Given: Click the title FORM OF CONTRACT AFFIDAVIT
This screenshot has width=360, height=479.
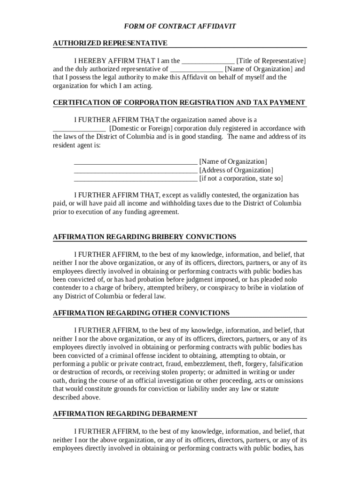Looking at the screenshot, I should [x=180, y=26].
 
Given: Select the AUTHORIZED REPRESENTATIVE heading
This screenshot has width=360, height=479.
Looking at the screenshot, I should [x=110, y=43].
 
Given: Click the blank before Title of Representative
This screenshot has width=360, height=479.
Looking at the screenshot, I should [x=208, y=61].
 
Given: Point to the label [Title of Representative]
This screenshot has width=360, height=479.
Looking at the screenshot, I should [x=271, y=61].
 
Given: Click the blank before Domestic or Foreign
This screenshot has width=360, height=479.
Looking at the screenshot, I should [x=79, y=129].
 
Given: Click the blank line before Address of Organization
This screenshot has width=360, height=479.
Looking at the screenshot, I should [x=136, y=170].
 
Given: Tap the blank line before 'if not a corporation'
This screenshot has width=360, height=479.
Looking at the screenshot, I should [x=136, y=179].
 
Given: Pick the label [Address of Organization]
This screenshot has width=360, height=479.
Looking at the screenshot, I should [x=236, y=170].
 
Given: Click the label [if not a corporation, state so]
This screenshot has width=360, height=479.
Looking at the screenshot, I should [x=241, y=179].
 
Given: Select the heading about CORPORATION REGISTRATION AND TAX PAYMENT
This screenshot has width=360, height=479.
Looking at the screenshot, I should [x=179, y=102].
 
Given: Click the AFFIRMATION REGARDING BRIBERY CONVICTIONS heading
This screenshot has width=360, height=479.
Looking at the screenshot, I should [x=144, y=237].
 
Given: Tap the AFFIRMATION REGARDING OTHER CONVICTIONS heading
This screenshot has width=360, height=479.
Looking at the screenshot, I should [x=141, y=312].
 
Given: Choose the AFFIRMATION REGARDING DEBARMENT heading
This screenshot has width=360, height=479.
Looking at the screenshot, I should [x=125, y=414].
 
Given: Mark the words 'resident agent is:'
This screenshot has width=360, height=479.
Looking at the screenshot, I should [x=76, y=145].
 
